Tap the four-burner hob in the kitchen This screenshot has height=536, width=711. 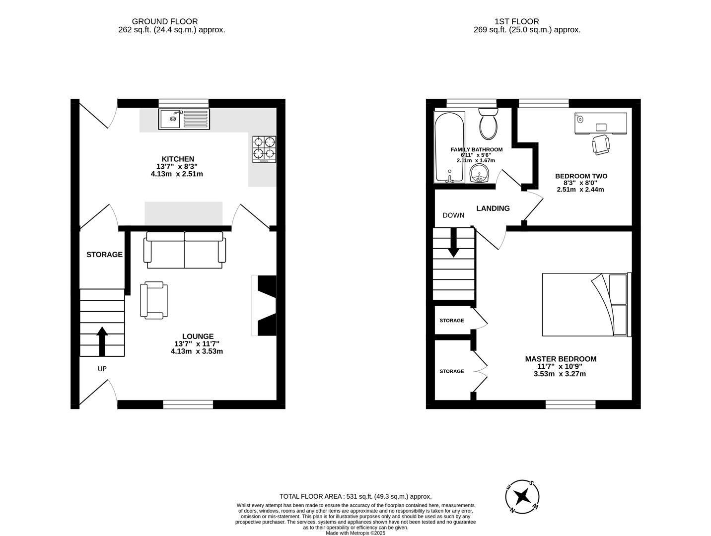(264, 149)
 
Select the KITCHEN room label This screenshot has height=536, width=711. (178, 159)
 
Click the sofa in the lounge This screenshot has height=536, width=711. (185, 250)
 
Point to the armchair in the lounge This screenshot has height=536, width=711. (154, 300)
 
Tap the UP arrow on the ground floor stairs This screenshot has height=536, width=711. (102, 341)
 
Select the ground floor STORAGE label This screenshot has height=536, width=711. (104, 255)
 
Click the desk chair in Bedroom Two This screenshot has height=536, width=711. (601, 144)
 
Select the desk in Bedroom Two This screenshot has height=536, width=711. (601, 124)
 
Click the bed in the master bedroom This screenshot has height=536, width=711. (586, 305)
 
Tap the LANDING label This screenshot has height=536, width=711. (493, 208)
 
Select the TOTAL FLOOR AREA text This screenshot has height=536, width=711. (355, 496)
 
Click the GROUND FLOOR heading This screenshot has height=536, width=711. (164, 21)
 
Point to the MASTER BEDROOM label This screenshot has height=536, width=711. (561, 359)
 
